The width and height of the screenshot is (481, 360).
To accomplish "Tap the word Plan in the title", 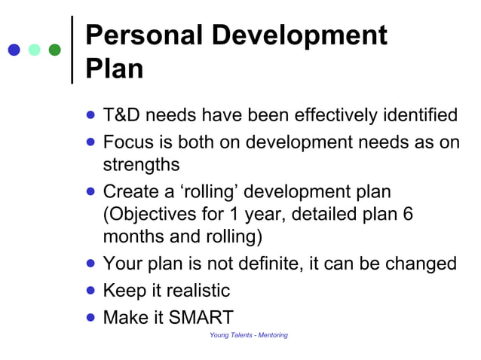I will tap(115, 69).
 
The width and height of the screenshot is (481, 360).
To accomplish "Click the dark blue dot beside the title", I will tap(14, 50).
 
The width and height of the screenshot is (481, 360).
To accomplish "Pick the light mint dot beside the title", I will tap(34, 50).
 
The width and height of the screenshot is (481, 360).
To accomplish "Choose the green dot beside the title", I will tap(54, 50).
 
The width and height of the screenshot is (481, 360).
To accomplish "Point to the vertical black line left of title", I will tap(72, 49).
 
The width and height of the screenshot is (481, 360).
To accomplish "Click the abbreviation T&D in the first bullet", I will tap(121, 116).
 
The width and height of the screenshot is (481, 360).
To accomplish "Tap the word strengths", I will tap(141, 164).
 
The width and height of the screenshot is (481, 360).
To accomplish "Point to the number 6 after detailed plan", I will tap(408, 214).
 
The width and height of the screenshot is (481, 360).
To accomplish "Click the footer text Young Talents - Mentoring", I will tap(248, 335).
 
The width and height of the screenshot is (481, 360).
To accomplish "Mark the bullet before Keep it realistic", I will tap(91, 289).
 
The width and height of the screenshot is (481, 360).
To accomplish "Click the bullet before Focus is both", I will tap(91, 141).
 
